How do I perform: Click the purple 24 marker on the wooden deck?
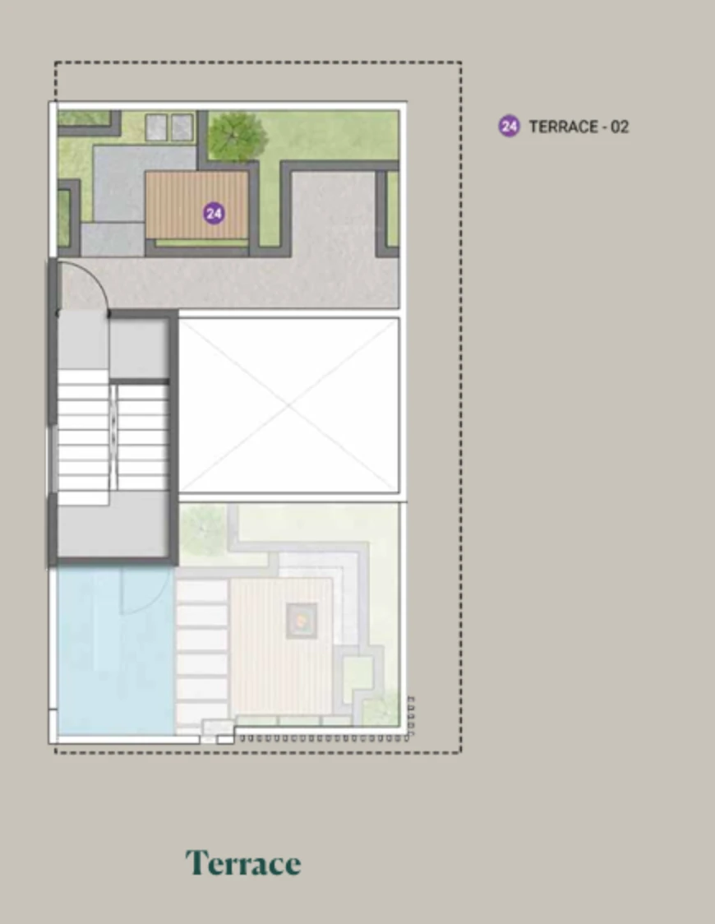[213, 213]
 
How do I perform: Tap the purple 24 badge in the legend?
[509, 126]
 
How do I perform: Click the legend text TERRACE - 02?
[579, 127]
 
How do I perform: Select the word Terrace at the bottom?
[243, 863]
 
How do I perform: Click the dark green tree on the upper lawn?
[237, 136]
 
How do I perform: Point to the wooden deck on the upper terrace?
[196, 205]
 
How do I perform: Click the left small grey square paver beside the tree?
[156, 127]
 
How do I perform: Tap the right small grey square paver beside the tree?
[182, 127]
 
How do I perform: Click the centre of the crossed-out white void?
[288, 405]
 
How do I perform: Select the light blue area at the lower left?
[115, 650]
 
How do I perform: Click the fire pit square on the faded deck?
[302, 620]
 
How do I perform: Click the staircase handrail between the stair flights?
[113, 437]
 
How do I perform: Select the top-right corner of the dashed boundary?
[461, 62]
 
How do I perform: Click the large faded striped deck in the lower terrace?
[281, 646]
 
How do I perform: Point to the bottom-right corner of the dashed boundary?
[461, 752]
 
